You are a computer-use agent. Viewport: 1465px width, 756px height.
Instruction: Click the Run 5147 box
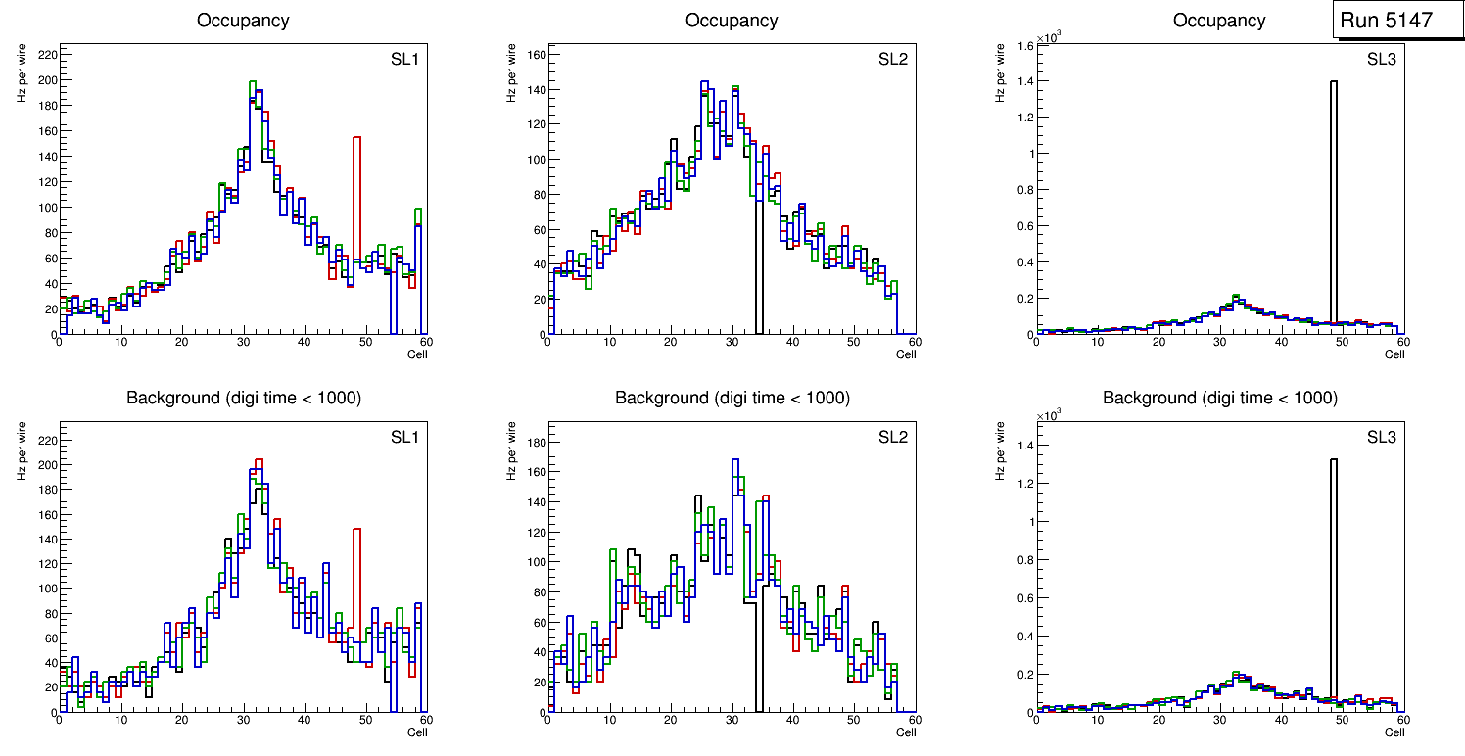pos(1398,20)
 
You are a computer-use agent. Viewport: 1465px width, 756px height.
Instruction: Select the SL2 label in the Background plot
pos(893,438)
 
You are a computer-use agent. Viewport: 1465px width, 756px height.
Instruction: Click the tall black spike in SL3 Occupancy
pos(1333,83)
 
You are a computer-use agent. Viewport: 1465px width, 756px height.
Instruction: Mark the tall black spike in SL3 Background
pos(1333,460)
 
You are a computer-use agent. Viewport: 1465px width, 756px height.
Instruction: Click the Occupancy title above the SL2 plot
pos(732,20)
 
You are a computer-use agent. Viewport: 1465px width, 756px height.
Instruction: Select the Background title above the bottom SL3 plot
pos(1219,398)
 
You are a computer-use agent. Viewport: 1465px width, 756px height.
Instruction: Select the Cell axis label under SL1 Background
pos(417,732)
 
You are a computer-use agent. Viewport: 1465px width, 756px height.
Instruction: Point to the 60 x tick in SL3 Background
pos(1402,720)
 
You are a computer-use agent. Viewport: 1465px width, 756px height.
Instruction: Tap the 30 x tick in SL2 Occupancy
pos(732,342)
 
